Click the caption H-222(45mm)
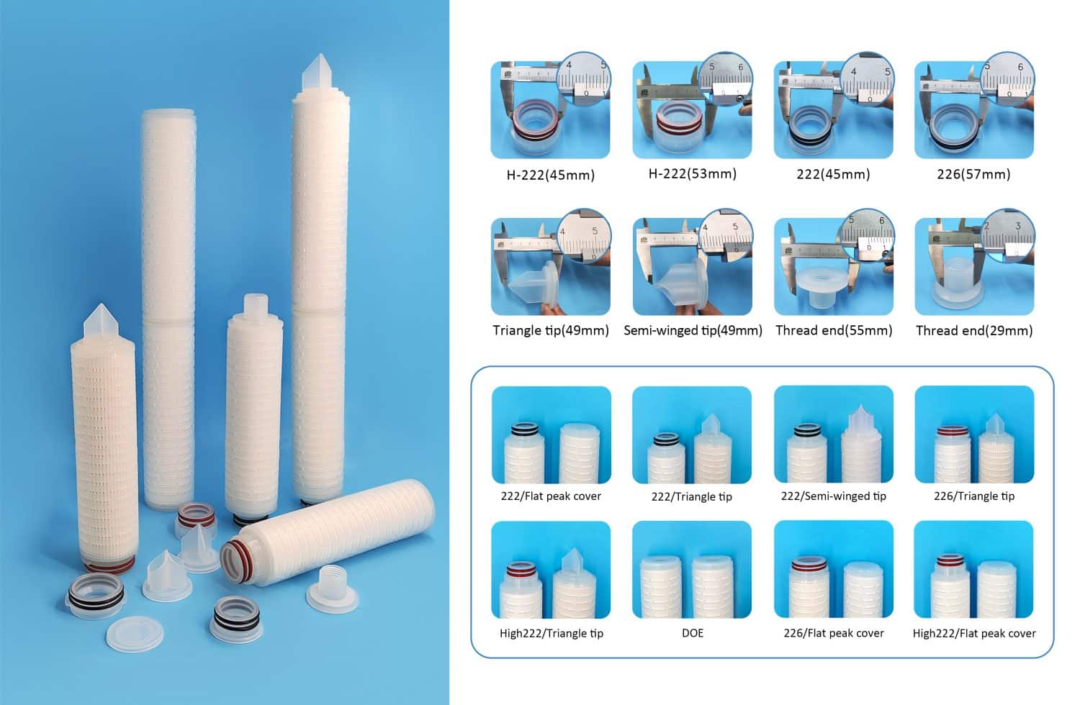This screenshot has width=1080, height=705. [551, 175]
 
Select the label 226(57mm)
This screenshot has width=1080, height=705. [974, 174]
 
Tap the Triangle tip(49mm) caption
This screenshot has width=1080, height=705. [551, 330]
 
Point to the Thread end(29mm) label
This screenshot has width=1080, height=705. [974, 330]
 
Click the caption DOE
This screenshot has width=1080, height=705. [692, 633]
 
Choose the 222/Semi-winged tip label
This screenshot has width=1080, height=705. [833, 496]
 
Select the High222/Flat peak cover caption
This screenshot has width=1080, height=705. [974, 633]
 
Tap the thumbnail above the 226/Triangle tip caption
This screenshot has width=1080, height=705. [974, 435]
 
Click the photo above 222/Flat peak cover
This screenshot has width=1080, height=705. [551, 435]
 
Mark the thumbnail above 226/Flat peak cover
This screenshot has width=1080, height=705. [833, 569]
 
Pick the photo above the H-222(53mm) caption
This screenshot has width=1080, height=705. [692, 109]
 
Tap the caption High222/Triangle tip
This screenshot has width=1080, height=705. [551, 633]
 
